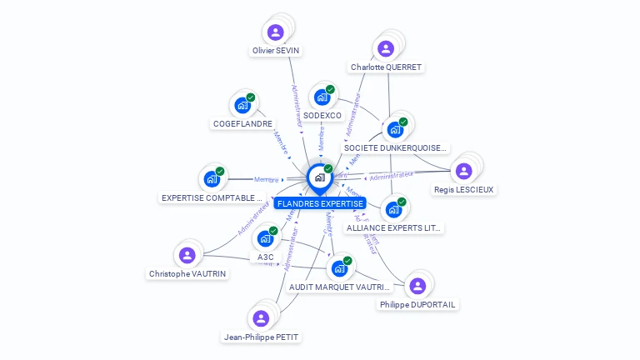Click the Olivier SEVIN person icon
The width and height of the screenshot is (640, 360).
point(276,32)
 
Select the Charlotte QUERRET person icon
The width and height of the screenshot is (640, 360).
point(385,49)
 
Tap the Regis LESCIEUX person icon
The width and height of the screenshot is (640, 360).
point(463,171)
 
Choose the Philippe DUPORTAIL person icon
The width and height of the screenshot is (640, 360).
point(417,286)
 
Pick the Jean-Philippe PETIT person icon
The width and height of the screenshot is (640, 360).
point(261,318)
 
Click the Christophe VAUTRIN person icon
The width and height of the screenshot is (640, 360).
point(187,255)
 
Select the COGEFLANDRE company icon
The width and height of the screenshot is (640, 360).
point(242,106)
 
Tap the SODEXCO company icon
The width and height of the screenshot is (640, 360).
point(322,97)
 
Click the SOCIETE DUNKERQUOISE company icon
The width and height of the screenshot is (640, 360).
point(395,130)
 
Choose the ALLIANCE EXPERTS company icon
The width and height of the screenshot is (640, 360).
point(393,209)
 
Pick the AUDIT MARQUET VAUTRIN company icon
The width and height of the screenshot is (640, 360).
point(339,268)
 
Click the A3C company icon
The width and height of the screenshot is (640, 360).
point(266,238)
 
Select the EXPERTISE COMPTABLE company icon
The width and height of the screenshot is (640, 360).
point(212,179)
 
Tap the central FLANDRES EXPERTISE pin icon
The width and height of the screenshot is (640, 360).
point(319,177)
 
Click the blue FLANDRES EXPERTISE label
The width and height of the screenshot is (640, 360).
point(319,203)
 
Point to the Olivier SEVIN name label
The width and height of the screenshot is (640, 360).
point(276,51)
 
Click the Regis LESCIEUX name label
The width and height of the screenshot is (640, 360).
point(464,190)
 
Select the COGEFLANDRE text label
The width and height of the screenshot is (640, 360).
point(242,124)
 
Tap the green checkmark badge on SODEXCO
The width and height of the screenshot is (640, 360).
point(330,89)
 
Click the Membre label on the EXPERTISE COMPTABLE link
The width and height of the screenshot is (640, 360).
point(266,180)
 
